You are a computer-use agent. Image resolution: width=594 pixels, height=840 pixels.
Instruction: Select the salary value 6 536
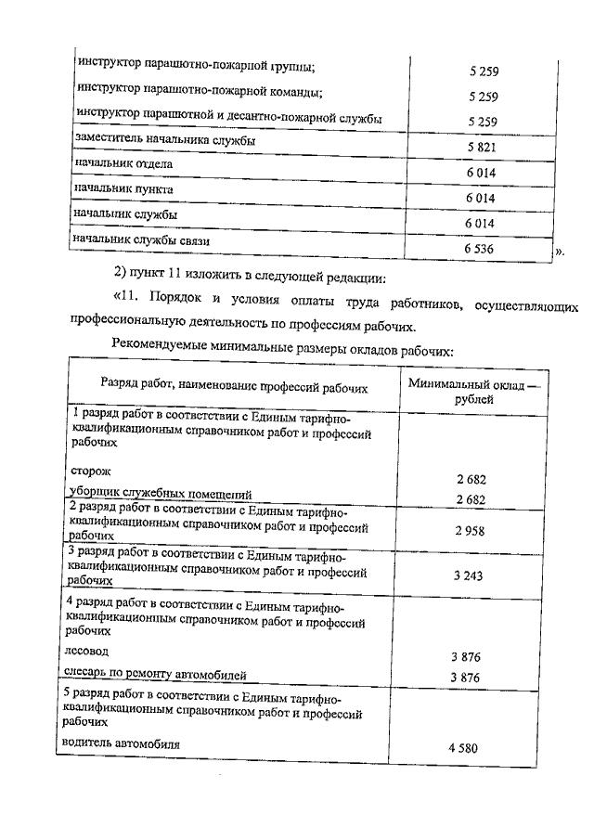pyautogui.click(x=484, y=250)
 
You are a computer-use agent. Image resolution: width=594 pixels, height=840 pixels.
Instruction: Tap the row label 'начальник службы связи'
pyautogui.click(x=141, y=241)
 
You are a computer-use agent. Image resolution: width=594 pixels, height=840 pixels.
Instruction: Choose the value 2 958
pyautogui.click(x=471, y=530)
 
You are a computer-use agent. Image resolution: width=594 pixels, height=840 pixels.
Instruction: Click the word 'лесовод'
pyautogui.click(x=89, y=652)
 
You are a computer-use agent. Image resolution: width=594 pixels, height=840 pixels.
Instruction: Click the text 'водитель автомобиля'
pyautogui.click(x=121, y=743)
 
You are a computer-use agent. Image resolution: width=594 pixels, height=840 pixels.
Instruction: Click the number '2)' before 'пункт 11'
pyautogui.click(x=119, y=277)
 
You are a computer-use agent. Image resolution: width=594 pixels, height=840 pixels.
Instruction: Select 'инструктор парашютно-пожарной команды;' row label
pyautogui.click(x=200, y=94)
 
